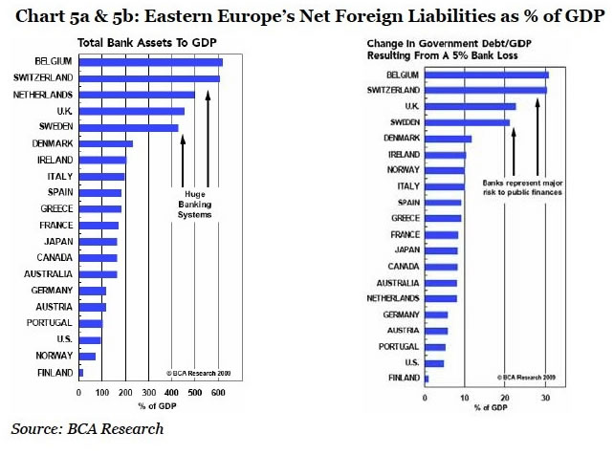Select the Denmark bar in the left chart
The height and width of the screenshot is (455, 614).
click(105, 144)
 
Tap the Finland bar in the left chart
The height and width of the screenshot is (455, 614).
click(80, 373)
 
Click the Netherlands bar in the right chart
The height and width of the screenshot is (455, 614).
click(441, 298)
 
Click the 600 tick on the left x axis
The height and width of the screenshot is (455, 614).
click(218, 392)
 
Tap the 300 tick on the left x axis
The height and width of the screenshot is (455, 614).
click(148, 392)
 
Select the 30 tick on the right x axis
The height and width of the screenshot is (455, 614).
click(545, 397)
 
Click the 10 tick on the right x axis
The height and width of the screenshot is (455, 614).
click(465, 397)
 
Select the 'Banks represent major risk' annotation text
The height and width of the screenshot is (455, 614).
click(521, 186)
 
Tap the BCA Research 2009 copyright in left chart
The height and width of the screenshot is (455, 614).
click(198, 372)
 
